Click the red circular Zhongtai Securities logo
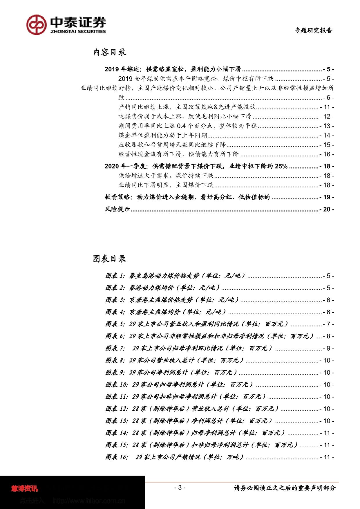tap(37, 25)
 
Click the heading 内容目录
tap(109, 53)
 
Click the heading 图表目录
tap(109, 259)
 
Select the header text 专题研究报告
tap(313, 30)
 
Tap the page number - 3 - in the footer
tap(180, 488)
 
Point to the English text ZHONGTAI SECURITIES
tap(78, 31)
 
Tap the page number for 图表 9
tap(327, 372)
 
